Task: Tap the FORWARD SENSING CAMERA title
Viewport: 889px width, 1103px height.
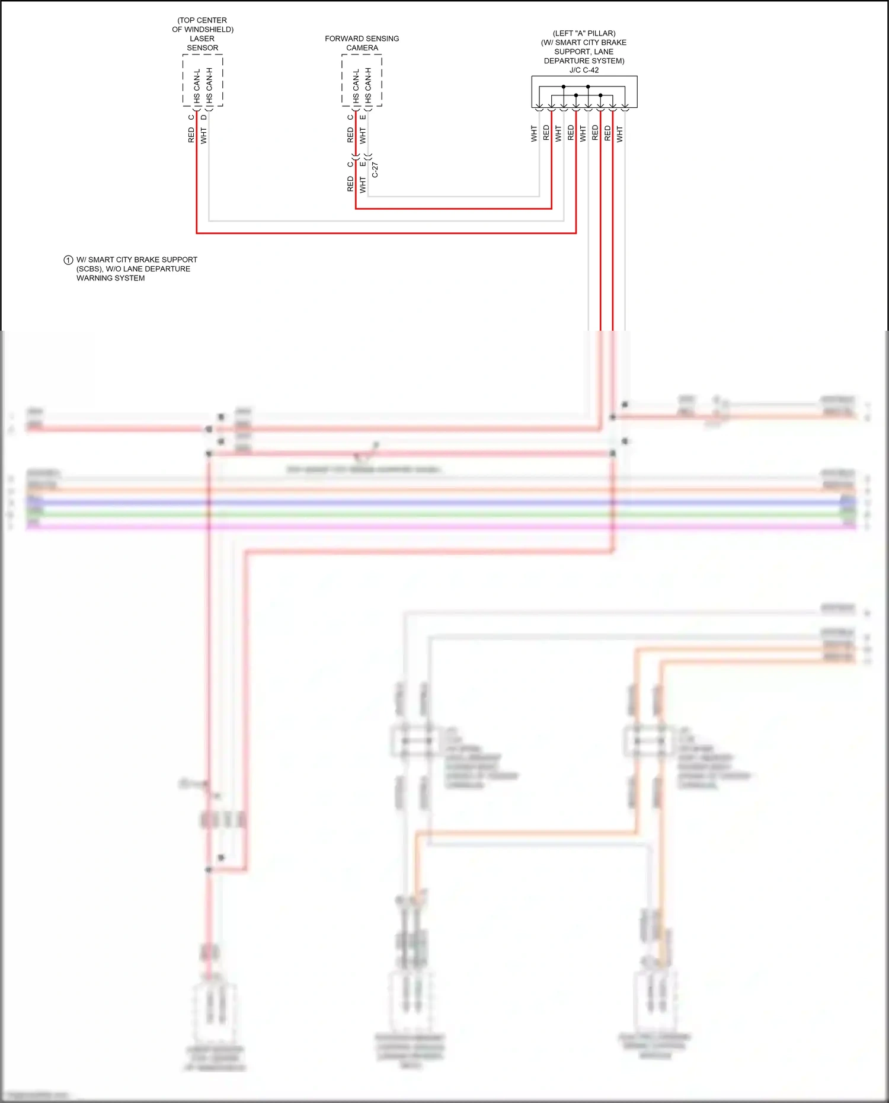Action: point(362,43)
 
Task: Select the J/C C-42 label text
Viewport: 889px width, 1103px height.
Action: point(584,70)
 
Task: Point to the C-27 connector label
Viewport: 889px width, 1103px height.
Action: point(375,170)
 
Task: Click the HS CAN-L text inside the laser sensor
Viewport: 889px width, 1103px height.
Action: point(197,86)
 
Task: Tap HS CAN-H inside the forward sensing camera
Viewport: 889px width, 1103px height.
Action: point(368,86)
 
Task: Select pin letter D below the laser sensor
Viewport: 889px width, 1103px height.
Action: point(204,117)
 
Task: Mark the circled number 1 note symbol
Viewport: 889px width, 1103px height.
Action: point(68,260)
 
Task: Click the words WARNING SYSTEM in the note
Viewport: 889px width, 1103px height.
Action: point(110,278)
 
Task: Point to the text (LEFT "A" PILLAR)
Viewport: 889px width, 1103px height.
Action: point(584,33)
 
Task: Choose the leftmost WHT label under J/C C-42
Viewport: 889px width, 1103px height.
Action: point(534,133)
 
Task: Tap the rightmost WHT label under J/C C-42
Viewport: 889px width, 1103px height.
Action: point(620,133)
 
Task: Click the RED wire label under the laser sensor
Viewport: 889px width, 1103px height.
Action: point(191,135)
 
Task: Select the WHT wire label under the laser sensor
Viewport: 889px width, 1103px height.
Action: point(204,135)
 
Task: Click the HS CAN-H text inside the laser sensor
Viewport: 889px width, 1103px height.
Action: point(209,86)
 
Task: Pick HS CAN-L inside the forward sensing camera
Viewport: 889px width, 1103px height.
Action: point(356,86)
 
